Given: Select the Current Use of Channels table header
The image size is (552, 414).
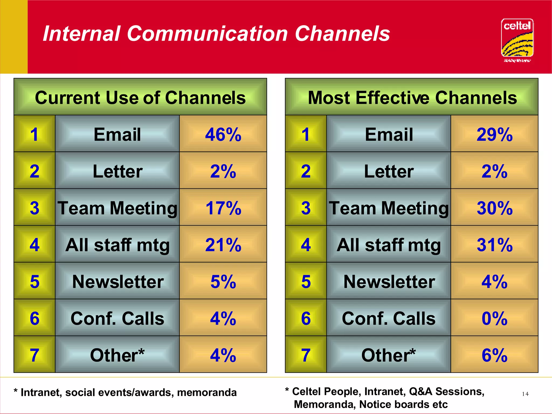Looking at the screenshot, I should [140, 97].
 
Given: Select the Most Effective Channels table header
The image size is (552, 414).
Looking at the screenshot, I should [412, 97].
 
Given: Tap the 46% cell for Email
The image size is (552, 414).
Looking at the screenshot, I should [223, 134].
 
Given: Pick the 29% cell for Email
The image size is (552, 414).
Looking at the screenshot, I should [495, 134].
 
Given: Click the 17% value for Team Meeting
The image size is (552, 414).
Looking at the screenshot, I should [223, 208].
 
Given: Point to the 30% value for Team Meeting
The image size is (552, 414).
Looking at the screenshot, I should [495, 208].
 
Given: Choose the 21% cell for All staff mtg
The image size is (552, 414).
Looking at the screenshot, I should [223, 245].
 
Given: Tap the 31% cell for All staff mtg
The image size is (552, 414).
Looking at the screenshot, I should [495, 245].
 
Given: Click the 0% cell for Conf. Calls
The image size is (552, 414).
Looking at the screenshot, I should [495, 318].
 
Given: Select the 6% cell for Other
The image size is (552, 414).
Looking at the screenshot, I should [495, 355].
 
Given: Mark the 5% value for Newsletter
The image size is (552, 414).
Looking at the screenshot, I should [223, 282].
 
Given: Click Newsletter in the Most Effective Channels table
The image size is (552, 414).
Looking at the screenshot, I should [389, 282].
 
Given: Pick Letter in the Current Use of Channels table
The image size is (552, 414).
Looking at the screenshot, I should [118, 171].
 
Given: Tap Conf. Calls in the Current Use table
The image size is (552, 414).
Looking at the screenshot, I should [118, 318].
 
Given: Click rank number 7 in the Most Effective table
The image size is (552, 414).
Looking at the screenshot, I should [306, 355].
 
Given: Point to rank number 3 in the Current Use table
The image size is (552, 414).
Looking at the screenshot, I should [34, 208].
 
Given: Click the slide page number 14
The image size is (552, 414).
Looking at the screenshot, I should [525, 394].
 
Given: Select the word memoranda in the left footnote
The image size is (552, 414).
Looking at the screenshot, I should [207, 392].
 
